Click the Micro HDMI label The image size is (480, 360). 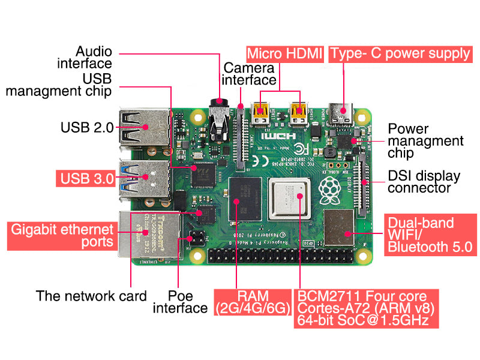pos(285,53)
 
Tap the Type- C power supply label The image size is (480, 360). pos(400,53)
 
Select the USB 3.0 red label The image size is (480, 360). pos(86,178)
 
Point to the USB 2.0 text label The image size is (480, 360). pos(87,127)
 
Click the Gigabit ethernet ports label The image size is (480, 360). pos(61,236)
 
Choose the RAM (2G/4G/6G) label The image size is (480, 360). pos(252,302)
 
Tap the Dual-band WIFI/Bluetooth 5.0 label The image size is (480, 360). pos(429,235)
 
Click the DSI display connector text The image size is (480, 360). pos(424,182)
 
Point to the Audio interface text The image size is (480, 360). pos(85,57)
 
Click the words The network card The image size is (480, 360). pos(91,296)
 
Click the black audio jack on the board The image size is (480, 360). pos(219,120)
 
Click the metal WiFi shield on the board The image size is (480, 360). pos(339,228)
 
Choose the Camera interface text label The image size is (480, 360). pos(250,73)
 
